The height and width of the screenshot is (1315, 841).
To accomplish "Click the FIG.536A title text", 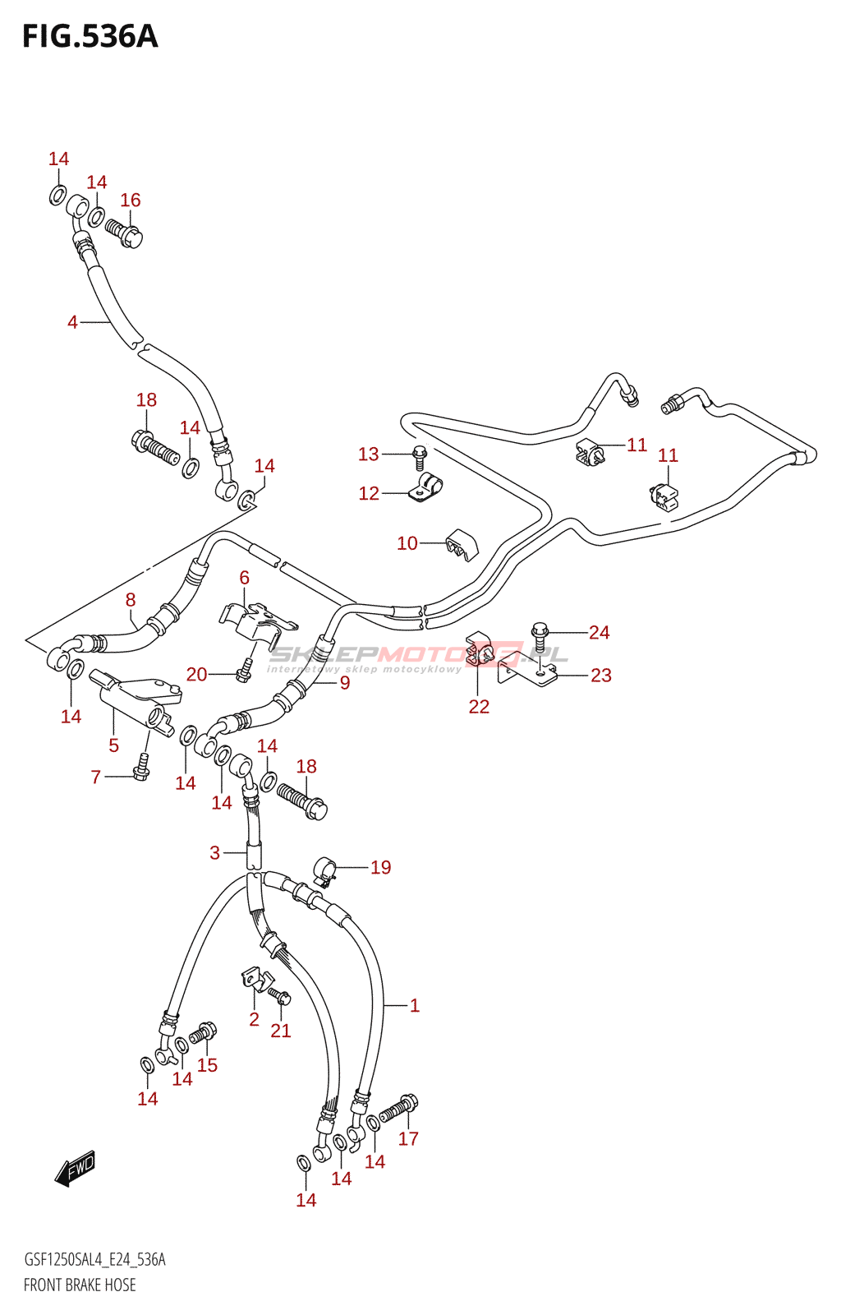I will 90,37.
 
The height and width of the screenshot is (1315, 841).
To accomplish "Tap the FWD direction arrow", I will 76,1168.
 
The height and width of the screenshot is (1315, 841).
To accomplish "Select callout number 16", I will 131,201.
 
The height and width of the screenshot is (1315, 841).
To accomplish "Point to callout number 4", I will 72,322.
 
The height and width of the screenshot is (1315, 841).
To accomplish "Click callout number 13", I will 368,454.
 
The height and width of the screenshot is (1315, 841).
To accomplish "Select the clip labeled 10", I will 462,543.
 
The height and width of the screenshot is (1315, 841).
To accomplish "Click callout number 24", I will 599,632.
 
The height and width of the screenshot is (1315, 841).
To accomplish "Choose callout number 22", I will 479,706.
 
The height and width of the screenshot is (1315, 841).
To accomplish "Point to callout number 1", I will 415,1005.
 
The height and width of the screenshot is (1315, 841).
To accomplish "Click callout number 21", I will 281,1031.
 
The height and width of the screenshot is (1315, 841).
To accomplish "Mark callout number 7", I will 96,777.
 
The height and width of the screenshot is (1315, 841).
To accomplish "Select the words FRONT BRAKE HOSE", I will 80,1285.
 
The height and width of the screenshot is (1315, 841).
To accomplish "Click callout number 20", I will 196,675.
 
